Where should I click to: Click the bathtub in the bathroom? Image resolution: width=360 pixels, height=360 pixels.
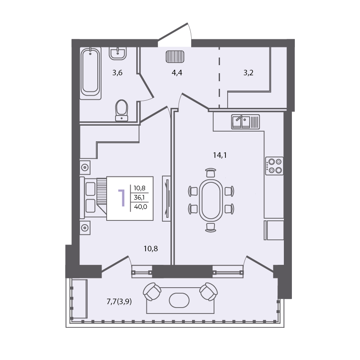pyautogui.click(x=91, y=74)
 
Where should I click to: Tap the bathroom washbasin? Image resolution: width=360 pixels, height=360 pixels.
pyautogui.click(x=118, y=54)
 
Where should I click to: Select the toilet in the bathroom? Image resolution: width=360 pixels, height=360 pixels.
pyautogui.click(x=121, y=110)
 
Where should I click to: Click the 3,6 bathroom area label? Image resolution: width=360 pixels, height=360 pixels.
pyautogui.click(x=117, y=73)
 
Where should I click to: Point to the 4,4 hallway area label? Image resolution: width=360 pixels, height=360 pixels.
pyautogui.click(x=177, y=73)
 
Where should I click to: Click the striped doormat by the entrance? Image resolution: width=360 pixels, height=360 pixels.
pyautogui.click(x=175, y=57)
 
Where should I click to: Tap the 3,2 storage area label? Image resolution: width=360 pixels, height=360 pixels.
pyautogui.click(x=248, y=73)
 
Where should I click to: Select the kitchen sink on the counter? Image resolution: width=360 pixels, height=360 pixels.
pyautogui.click(x=245, y=122)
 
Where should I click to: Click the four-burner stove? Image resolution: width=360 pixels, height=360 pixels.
pyautogui.click(x=274, y=166)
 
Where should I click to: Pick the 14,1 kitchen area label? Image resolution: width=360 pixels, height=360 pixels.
pyautogui.click(x=220, y=155)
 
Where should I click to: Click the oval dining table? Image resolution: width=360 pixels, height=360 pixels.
pyautogui.click(x=211, y=199)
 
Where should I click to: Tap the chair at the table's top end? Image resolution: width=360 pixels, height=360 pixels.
pyautogui.click(x=211, y=173)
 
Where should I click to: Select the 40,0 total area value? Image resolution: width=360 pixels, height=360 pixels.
pyautogui.click(x=140, y=207)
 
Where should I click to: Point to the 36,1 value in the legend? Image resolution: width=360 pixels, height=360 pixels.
pyautogui.click(x=139, y=198)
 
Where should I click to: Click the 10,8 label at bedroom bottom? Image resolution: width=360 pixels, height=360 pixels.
pyautogui.click(x=151, y=249)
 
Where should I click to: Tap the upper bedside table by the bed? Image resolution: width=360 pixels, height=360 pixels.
pyautogui.click(x=85, y=168)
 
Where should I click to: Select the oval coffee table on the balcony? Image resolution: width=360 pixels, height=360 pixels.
pyautogui.click(x=179, y=300)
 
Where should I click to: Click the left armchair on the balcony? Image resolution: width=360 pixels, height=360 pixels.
pyautogui.click(x=152, y=291)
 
